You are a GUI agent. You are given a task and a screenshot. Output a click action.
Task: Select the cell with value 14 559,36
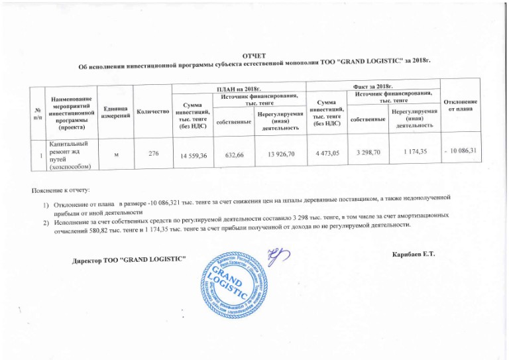pos(190,156)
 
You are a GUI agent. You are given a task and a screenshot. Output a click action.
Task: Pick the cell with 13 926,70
pos(281,154)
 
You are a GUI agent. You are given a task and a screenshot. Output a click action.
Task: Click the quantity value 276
pos(153,154)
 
